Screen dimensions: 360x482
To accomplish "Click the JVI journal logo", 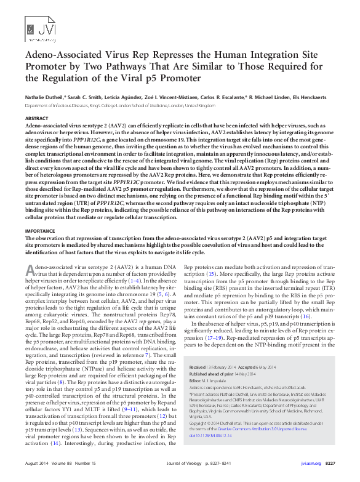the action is click(x=36, y=28).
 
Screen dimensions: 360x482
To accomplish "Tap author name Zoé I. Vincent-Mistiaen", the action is click(x=173, y=97).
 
